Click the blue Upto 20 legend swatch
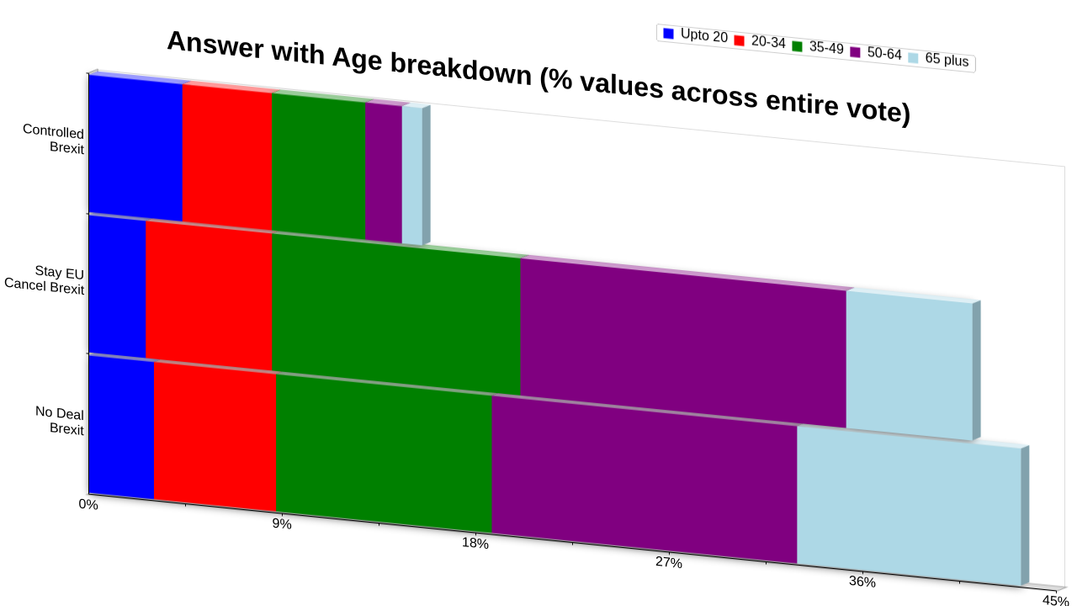click(668, 33)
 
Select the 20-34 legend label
click(768, 42)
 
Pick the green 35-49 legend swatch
click(797, 46)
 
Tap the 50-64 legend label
click(884, 53)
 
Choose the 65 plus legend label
click(947, 60)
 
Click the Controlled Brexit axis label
click(53, 139)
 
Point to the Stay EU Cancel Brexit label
click(45, 279)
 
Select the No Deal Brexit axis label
click(60, 420)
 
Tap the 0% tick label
click(88, 504)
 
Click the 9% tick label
click(282, 524)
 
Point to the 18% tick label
click(475, 544)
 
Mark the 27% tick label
click(668, 562)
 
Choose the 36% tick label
click(862, 582)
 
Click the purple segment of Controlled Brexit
click(384, 172)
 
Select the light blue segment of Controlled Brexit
click(412, 175)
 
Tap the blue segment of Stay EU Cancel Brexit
click(117, 288)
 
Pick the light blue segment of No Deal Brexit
click(909, 506)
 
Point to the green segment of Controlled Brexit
click(318, 165)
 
